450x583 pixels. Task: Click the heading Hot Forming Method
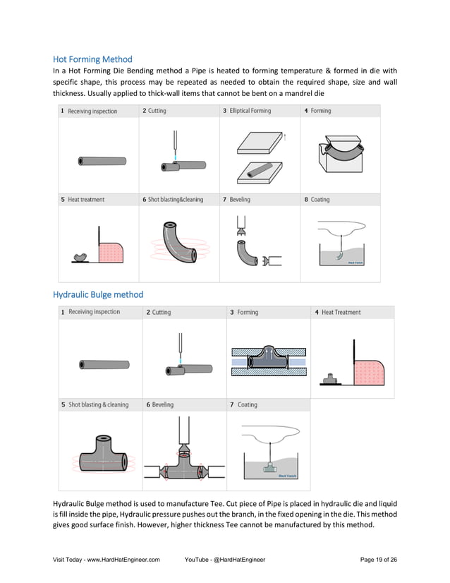click(92, 59)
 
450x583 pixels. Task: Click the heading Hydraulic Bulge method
click(98, 294)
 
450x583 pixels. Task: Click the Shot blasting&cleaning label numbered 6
click(175, 200)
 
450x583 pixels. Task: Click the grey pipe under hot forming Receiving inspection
click(102, 161)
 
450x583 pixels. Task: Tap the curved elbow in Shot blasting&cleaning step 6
click(176, 243)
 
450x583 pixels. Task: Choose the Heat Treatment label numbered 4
click(341, 312)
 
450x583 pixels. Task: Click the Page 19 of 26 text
click(378, 560)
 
